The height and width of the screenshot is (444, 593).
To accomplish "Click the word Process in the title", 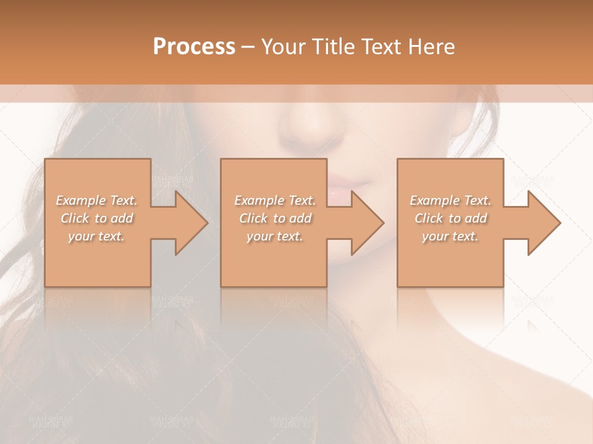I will pos(194,47).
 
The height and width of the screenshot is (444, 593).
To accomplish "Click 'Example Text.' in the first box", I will pos(96,200).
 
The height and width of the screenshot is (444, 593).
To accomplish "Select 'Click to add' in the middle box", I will pos(275,218).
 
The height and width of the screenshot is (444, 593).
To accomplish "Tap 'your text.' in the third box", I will pos(450,236).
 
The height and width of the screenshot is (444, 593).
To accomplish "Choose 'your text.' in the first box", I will pos(96,236).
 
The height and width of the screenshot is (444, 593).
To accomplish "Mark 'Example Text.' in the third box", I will pos(450,200).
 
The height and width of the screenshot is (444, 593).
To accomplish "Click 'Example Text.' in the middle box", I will pos(275,200).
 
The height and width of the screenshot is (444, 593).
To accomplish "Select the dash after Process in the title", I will pos(248,47).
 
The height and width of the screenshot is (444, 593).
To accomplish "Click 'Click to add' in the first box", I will pos(96,218).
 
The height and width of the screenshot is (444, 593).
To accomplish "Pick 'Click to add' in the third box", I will pos(450,218).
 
